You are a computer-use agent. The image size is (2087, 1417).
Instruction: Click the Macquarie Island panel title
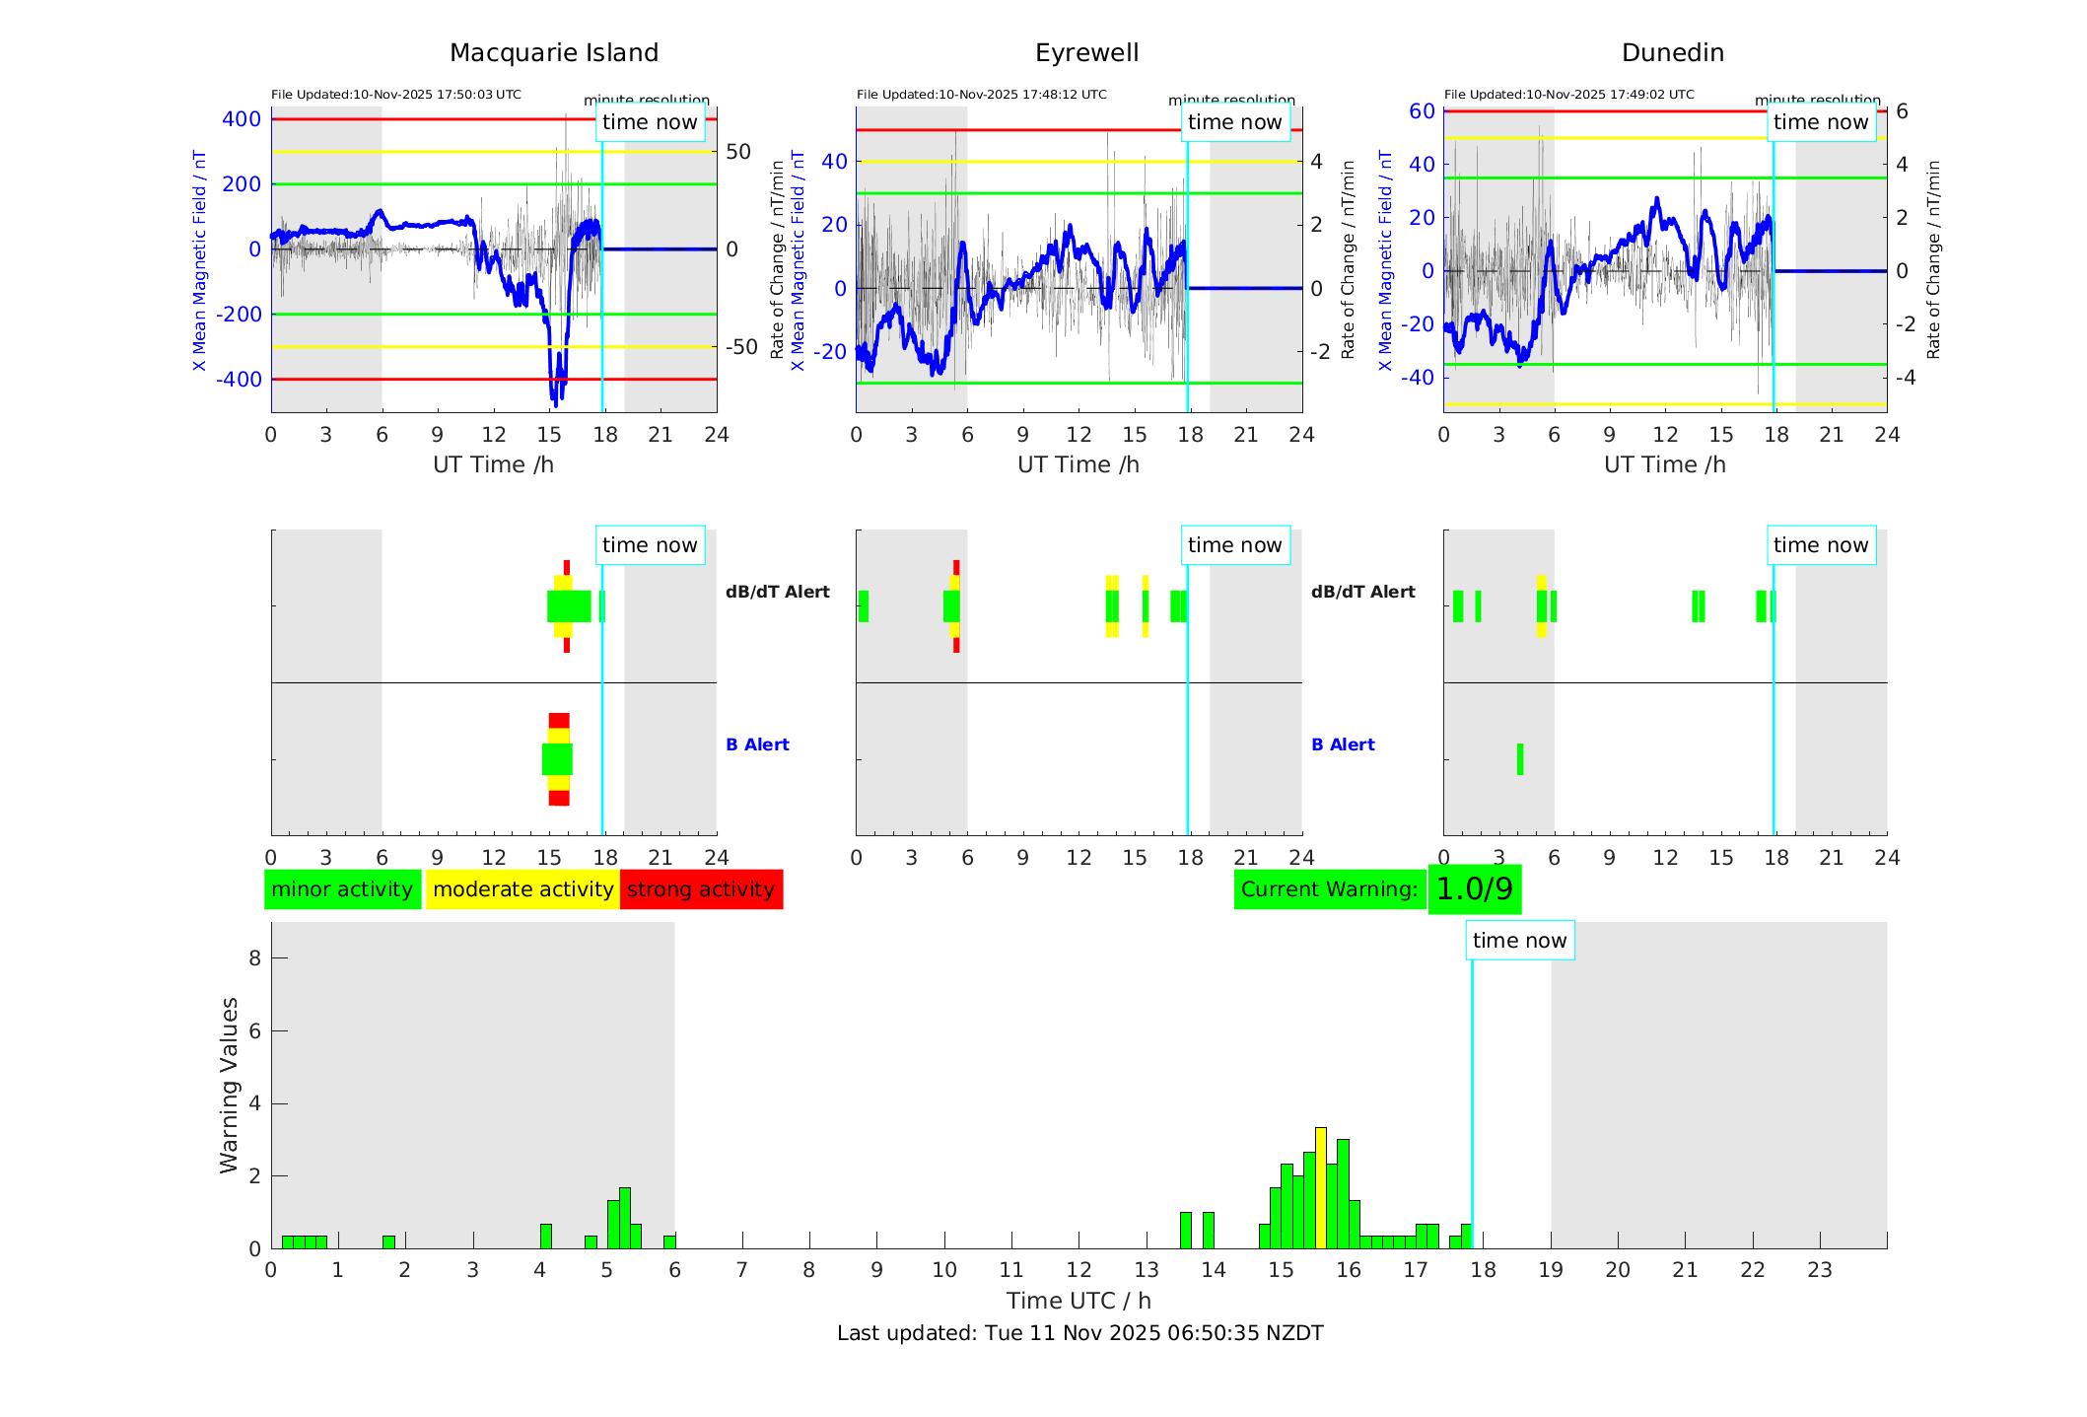(x=553, y=53)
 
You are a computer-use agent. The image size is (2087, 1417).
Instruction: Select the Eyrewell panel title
(x=1086, y=53)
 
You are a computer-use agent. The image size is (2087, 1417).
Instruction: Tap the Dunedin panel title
(x=1672, y=53)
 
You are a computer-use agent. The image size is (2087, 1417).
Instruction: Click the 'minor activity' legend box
(x=342, y=889)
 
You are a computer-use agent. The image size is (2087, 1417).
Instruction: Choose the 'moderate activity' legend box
(x=522, y=889)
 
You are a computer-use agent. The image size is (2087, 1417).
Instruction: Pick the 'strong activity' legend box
(x=701, y=889)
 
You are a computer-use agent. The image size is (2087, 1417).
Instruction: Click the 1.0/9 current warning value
(x=1474, y=889)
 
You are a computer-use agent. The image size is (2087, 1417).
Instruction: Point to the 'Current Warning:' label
(x=1329, y=889)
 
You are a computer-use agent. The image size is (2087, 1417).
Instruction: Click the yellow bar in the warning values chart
(x=1321, y=1187)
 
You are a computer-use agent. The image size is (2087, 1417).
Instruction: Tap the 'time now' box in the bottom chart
(x=1519, y=941)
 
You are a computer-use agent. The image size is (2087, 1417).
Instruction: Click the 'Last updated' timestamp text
(x=1079, y=1333)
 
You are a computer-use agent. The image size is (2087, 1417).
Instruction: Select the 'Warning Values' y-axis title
(x=230, y=1085)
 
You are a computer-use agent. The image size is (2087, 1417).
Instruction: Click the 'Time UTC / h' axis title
(x=1078, y=1301)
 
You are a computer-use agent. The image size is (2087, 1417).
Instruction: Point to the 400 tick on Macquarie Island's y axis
(x=242, y=119)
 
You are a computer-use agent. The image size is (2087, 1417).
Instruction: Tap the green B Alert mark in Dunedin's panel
(x=1520, y=759)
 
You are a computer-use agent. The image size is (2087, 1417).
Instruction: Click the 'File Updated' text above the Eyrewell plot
(x=981, y=95)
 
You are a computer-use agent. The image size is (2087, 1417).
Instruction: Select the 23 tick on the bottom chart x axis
(x=1819, y=1270)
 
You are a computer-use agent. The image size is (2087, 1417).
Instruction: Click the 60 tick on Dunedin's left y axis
(x=1422, y=111)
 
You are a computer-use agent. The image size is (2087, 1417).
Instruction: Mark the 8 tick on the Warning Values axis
(x=254, y=957)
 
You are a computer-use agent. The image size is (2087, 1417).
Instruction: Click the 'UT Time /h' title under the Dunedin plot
(x=1664, y=464)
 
